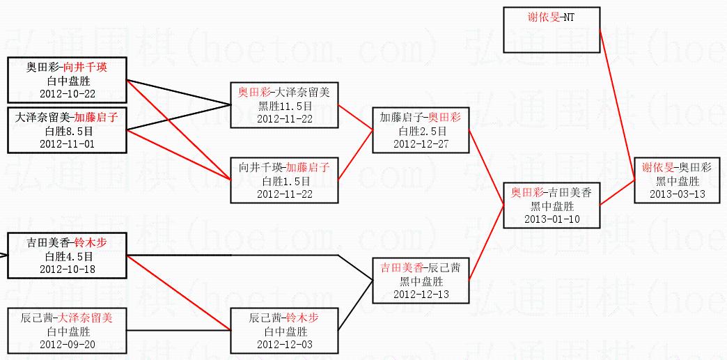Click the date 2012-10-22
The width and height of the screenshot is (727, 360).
point(67,93)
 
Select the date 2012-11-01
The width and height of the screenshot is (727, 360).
point(67,143)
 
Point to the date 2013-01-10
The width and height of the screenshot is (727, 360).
point(552,219)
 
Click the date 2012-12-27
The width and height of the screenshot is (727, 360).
point(421,143)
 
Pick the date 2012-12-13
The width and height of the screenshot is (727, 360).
point(421,294)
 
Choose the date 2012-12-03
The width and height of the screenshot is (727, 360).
point(284,344)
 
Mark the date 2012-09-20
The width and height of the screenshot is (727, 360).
point(67,344)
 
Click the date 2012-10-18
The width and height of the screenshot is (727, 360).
point(67,269)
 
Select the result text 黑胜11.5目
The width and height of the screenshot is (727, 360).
point(284,106)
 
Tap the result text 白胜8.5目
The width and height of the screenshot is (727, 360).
point(67,131)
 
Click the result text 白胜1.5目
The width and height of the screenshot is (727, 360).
point(284,181)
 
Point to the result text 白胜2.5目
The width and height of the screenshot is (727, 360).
point(421,131)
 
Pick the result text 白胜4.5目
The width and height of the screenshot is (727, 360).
point(67,256)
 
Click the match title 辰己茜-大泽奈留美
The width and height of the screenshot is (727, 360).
point(67,318)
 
